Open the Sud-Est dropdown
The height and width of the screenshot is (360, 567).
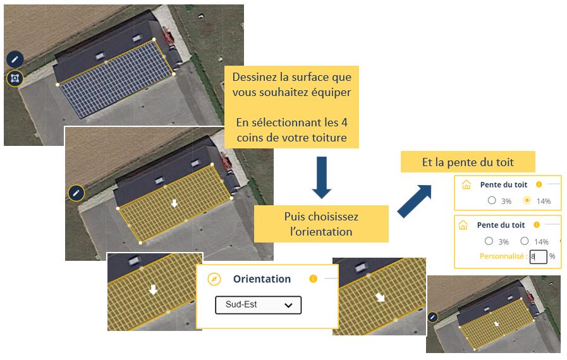(x=258, y=304)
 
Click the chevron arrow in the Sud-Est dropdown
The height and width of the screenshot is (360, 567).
(x=288, y=306)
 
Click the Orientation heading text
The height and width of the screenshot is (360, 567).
(x=262, y=279)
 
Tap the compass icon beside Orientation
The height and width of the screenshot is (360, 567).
(x=214, y=279)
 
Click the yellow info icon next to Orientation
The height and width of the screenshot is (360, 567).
(x=313, y=279)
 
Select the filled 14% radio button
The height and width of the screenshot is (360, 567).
(x=527, y=200)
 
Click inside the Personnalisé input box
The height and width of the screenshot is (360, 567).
(x=539, y=256)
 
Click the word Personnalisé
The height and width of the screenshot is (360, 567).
(x=501, y=256)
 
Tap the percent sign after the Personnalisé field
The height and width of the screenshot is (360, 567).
(x=552, y=256)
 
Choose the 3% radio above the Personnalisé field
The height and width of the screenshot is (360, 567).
(x=489, y=241)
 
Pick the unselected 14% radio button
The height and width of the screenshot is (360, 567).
(x=524, y=241)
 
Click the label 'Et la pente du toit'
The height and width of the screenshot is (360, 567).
(x=468, y=162)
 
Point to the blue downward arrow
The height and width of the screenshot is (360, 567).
(x=322, y=177)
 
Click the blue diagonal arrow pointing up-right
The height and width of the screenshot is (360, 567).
(x=415, y=201)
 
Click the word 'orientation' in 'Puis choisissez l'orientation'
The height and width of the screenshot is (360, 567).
(x=321, y=232)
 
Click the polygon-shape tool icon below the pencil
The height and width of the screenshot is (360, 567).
(x=15, y=78)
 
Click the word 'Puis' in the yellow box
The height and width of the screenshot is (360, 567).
(x=294, y=217)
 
